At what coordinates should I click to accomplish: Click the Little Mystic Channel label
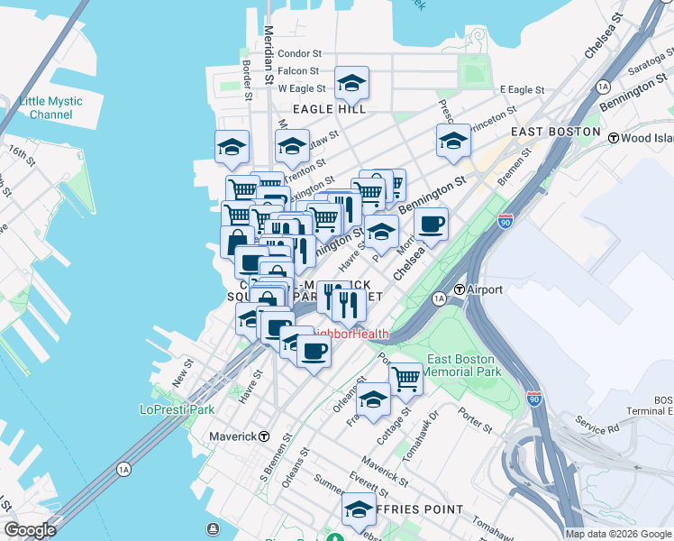(x=50, y=108)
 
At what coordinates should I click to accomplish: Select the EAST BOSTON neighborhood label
(x=555, y=132)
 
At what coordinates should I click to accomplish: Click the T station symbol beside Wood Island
(x=614, y=138)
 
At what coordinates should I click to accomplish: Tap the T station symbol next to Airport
(x=459, y=289)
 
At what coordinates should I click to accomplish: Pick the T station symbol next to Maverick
(x=263, y=436)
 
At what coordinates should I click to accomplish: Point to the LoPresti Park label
(x=178, y=409)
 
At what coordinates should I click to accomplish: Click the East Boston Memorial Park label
(x=461, y=365)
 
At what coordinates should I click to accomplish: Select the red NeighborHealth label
(x=351, y=335)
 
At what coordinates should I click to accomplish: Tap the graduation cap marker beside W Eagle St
(x=351, y=85)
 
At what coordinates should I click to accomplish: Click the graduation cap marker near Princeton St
(x=453, y=141)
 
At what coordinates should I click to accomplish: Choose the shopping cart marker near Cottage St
(x=405, y=379)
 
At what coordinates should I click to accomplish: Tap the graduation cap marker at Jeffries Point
(x=359, y=509)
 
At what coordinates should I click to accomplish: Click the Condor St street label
(x=299, y=54)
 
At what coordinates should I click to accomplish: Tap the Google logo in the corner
(x=30, y=530)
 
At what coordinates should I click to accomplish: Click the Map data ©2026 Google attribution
(x=618, y=534)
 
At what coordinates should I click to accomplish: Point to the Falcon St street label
(x=298, y=71)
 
